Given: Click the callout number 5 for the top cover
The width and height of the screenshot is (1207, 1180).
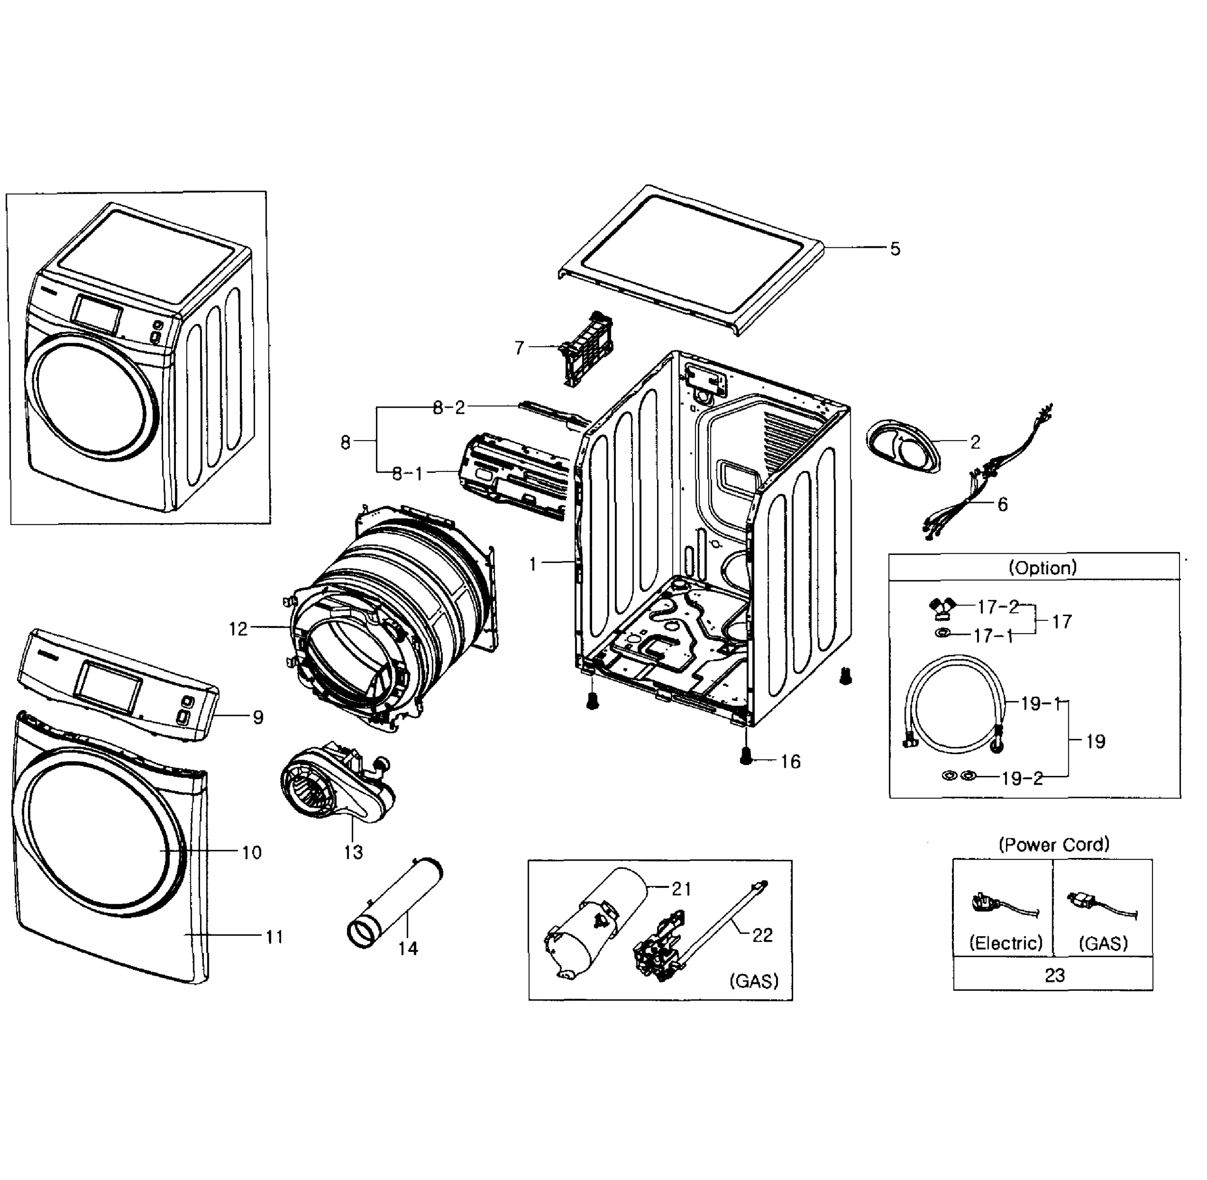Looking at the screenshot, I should coord(895,249).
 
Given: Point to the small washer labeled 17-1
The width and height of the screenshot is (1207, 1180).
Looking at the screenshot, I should coord(943,634).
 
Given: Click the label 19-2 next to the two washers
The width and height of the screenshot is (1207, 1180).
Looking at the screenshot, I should coord(1022,778).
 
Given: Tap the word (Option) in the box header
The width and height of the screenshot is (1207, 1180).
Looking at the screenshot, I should coord(1043,568).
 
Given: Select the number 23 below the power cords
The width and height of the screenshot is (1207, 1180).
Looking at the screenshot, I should coord(1055,975).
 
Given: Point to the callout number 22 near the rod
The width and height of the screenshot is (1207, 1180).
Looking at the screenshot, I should coord(762,935).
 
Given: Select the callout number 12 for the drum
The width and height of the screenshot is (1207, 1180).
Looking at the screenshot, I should coord(238,629).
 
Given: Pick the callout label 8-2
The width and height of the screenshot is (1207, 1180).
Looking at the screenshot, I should coord(449,408).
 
